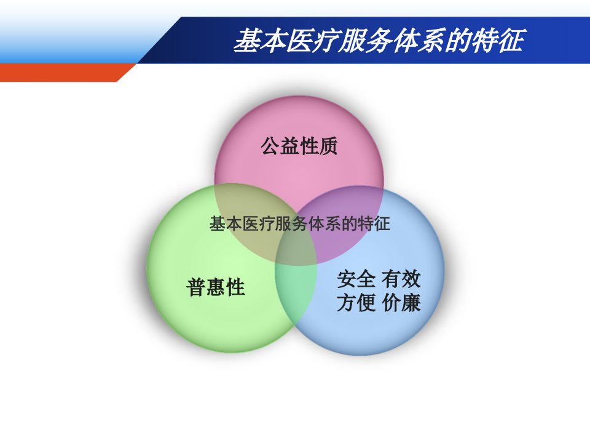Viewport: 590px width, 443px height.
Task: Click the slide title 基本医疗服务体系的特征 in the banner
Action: tap(379, 41)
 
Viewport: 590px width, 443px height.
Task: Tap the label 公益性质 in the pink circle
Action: tap(299, 146)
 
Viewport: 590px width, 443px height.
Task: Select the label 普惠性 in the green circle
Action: tap(216, 287)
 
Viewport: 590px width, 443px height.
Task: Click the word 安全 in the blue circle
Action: tap(356, 279)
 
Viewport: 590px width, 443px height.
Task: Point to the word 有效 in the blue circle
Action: tap(401, 279)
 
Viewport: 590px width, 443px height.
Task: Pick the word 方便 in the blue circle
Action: tap(356, 303)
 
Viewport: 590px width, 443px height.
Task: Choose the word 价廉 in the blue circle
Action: tap(401, 303)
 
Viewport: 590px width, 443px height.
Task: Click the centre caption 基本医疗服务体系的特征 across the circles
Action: tap(299, 224)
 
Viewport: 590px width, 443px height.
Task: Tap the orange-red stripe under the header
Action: tap(64, 73)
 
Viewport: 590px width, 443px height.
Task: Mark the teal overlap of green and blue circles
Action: tap(296, 286)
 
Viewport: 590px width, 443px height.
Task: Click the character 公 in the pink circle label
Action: tap(270, 146)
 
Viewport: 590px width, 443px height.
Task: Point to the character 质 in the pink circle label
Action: tap(328, 146)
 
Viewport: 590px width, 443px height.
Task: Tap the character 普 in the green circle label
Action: tap(196, 287)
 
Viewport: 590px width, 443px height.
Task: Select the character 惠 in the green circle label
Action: tap(216, 287)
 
